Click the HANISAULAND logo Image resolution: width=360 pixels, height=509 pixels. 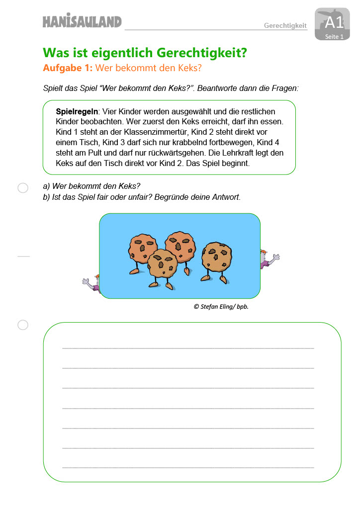coord(82,21)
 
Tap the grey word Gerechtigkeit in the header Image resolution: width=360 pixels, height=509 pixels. coord(285,25)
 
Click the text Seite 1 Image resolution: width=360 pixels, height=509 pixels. coord(334,37)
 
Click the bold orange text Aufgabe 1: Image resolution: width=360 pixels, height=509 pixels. coord(68,69)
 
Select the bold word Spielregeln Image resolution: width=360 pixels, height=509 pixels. coord(77,112)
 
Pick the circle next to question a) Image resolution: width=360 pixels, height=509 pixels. coord(23,188)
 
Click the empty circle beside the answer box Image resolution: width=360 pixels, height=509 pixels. coord(23,325)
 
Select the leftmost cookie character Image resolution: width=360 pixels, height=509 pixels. coord(143,249)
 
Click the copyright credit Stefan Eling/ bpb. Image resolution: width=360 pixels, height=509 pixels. coord(221,307)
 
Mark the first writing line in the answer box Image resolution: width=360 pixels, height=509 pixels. coord(188,348)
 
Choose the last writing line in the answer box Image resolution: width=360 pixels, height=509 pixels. coord(188,467)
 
